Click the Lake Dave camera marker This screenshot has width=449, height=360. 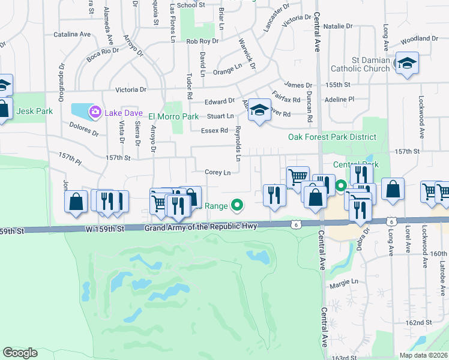click(x=95, y=112)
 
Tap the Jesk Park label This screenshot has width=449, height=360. click(x=35, y=111)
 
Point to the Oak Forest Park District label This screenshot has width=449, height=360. click(x=332, y=137)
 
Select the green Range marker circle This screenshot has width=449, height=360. click(x=237, y=206)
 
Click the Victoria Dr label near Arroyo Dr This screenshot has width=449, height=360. click(x=131, y=90)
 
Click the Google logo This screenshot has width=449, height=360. click(x=20, y=352)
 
